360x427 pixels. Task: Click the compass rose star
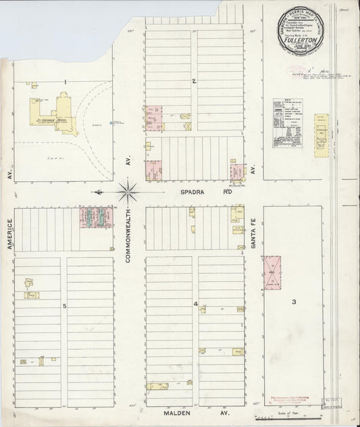(128, 192)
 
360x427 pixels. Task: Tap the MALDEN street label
(178, 413)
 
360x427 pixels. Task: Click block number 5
(65, 307)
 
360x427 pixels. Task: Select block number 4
(196, 305)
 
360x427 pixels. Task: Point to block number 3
(294, 301)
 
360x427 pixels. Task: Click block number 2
(193, 82)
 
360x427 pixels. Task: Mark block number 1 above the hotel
(65, 82)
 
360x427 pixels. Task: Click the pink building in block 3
(272, 272)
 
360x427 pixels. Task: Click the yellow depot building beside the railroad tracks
(321, 132)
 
